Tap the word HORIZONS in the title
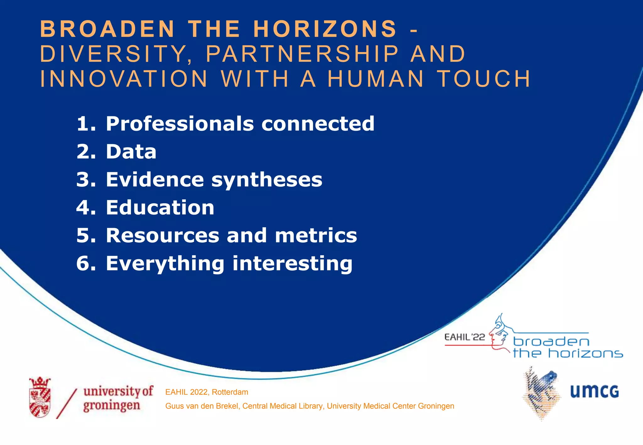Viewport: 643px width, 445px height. tap(325, 29)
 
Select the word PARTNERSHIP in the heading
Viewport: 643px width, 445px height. tap(302, 54)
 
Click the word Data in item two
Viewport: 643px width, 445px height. tap(131, 152)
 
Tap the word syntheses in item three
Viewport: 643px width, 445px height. tap(267, 180)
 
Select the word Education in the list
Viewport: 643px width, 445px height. tap(160, 207)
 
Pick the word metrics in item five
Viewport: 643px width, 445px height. tap(316, 235)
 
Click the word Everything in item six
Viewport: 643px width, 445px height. tap(165, 263)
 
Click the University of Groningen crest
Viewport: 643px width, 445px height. tap(40, 397)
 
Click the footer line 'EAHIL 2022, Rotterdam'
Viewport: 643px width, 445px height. tap(207, 392)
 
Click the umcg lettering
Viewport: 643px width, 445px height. tap(594, 391)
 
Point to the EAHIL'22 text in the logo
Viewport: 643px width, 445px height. tap(465, 337)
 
